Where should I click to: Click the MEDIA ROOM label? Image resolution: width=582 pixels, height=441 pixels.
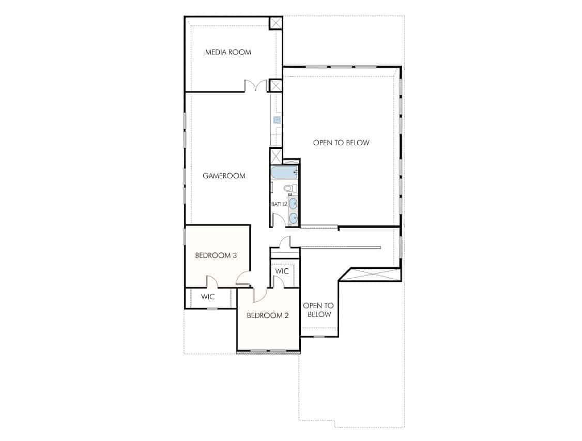tap(228, 52)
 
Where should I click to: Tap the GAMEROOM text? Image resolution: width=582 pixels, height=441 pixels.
tap(224, 176)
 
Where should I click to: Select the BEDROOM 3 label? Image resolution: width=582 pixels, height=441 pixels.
tap(216, 255)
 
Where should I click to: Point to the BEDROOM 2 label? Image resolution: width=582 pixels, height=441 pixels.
tap(268, 315)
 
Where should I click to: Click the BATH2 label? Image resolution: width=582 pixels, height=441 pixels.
tap(279, 204)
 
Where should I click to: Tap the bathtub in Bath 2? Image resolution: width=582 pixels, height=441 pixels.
tap(284, 173)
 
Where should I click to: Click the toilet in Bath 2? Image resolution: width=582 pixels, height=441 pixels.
tap(290, 188)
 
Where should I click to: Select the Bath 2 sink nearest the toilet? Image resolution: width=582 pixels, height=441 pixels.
tap(293, 203)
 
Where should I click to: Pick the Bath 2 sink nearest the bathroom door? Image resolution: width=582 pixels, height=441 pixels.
tap(293, 218)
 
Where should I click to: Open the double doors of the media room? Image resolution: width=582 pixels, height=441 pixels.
tap(256, 85)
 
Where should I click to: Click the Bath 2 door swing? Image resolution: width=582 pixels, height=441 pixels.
tap(279, 220)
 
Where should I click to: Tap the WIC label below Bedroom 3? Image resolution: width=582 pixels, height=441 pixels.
tap(208, 297)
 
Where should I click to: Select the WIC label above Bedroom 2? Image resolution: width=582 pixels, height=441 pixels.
tap(282, 271)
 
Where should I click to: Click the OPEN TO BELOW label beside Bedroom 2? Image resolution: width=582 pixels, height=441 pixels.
tap(318, 310)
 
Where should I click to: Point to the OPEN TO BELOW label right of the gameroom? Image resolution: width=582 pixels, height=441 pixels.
tap(341, 143)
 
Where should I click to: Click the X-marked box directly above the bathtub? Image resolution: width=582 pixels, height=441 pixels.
tap(276, 156)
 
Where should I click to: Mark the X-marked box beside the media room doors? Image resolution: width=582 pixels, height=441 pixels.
tap(275, 86)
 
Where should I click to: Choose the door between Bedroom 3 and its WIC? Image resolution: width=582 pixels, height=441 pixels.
tap(212, 281)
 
